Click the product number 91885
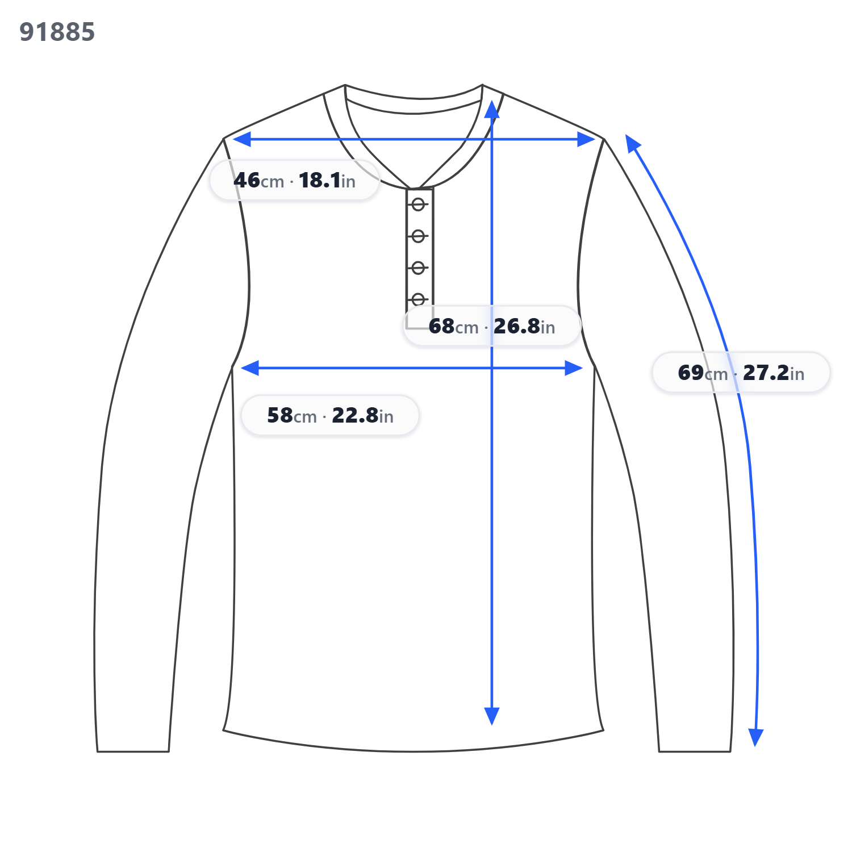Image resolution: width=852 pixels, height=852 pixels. pos(57,32)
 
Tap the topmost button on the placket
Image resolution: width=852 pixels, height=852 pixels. pos(419,204)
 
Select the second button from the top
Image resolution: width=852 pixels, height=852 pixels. pos(419,236)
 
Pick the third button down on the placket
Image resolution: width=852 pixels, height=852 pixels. pos(419,268)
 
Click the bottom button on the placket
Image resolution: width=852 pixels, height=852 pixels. pos(419,299)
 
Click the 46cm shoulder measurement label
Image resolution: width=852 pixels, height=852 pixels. pos(294,180)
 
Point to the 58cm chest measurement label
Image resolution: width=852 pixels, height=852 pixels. pos(330,415)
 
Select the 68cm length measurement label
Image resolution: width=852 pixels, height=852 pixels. pos(492,326)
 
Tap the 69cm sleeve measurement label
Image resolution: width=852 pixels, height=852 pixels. pos(741,373)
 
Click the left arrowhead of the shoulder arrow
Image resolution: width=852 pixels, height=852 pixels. pos(241,139)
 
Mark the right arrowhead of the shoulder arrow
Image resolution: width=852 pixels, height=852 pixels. pos(586,139)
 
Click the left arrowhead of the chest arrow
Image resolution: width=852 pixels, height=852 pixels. pos(250,368)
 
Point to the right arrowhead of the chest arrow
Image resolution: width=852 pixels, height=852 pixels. pos(574,368)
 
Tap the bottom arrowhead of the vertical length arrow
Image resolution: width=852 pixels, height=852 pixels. pos(492,716)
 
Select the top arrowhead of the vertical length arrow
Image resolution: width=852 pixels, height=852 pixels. pos(492,110)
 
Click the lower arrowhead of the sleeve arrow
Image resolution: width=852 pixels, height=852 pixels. pos(755,737)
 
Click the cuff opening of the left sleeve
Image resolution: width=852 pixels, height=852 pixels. pos(133,751)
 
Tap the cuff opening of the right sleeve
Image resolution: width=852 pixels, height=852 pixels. pos(695,751)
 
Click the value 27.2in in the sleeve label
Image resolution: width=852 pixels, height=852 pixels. pos(774,373)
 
